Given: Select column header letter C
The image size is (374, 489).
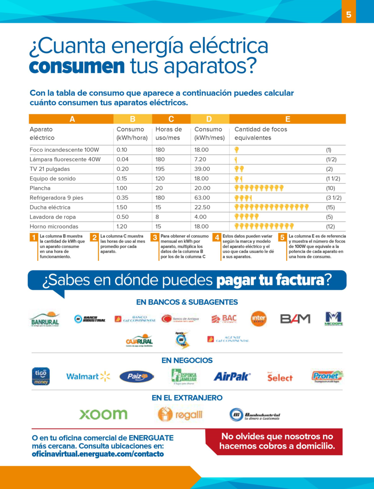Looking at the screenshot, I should point(171,119).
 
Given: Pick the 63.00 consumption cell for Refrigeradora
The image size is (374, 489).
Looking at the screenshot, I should point(202,198).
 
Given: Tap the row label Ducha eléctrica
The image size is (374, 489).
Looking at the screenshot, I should point(50,207).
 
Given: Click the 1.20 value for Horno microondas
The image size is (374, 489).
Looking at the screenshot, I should point(122,226).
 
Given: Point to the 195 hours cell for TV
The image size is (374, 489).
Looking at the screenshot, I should point(160,169).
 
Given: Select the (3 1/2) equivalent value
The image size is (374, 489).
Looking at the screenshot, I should point(333,198).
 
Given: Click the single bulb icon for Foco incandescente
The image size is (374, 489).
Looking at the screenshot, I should point(237,150).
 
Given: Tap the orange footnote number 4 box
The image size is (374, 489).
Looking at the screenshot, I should point(216,237).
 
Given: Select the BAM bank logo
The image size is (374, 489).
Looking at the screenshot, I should point(295,319).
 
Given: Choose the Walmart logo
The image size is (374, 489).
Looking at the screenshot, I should point(88,376).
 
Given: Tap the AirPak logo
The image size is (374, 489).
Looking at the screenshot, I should point(232,376).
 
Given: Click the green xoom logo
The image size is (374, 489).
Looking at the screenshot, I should point(103,414).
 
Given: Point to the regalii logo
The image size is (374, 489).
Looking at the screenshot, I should point(180,414).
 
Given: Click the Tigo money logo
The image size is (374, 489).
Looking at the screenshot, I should point(41,376).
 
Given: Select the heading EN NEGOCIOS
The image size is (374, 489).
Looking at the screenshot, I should point(187,360).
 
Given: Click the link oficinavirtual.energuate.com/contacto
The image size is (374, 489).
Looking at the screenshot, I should point(98,454).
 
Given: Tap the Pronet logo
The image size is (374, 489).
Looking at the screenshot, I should point(327,376).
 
